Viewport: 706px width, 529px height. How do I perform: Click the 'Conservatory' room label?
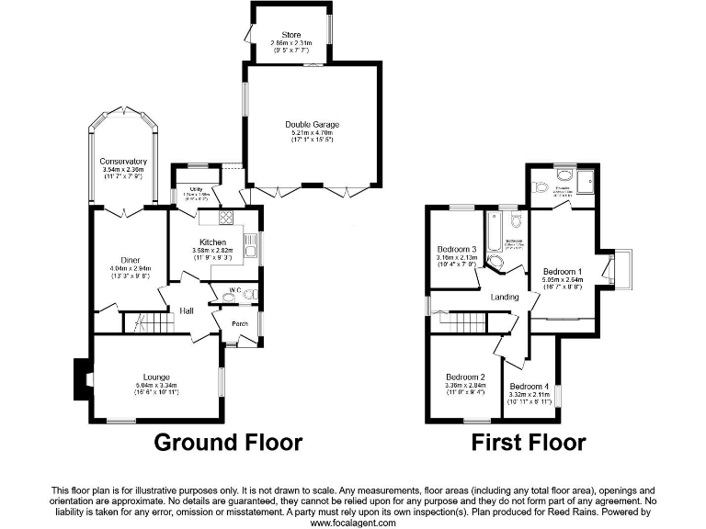[124, 162]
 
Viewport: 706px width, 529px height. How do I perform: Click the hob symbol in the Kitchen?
[225, 219]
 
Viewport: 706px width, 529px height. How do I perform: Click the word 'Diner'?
[129, 259]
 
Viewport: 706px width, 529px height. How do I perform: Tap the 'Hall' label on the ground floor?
[187, 310]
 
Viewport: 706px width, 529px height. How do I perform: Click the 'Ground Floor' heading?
[227, 443]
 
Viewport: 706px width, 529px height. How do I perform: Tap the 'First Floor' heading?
[528, 443]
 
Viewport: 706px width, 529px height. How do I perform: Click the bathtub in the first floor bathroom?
[492, 233]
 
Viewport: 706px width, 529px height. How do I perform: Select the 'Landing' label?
[505, 297]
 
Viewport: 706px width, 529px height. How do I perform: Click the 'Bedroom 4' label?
[529, 386]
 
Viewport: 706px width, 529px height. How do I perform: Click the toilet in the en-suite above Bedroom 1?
[541, 186]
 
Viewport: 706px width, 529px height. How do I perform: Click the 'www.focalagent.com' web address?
[353, 523]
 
